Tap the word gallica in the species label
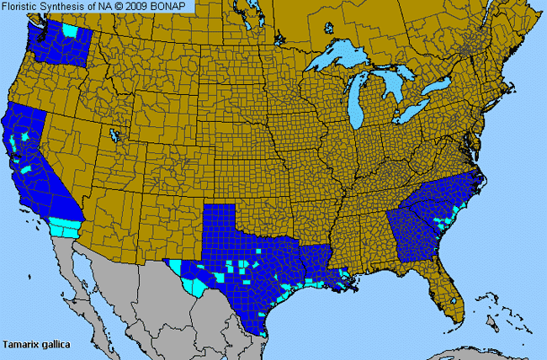(x=54, y=344)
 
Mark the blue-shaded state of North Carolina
(x=454, y=198)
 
